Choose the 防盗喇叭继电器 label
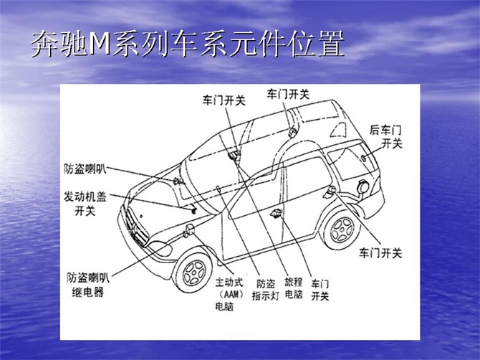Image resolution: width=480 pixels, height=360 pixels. (88, 285)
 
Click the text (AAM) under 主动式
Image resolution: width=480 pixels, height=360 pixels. (230, 295)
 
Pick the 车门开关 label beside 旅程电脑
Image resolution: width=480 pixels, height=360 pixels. (320, 290)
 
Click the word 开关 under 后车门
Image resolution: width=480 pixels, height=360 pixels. (392, 143)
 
